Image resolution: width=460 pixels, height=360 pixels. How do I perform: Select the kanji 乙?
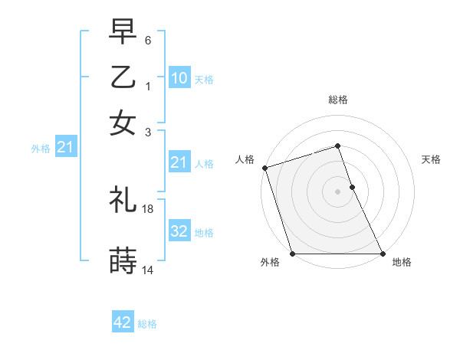pos(123,77)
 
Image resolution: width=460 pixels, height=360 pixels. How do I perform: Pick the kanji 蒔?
pos(123,261)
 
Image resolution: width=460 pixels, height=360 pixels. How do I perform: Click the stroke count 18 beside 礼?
pos(149,208)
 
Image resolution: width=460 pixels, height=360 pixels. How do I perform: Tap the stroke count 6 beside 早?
pos(148,40)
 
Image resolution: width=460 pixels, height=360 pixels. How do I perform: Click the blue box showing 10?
pos(179,78)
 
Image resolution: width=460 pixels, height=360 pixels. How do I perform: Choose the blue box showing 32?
pos(179,231)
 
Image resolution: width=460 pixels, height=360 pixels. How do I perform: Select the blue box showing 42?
pos(123,322)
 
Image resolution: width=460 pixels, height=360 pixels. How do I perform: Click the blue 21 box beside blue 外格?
pos(64,147)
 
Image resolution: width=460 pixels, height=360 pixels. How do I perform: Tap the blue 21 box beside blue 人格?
pos(179,162)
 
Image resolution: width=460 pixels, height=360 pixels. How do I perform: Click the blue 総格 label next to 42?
pos(147,324)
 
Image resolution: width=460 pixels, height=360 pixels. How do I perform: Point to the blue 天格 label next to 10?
pos(203,79)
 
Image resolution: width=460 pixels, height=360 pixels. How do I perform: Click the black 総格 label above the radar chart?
pos(337,100)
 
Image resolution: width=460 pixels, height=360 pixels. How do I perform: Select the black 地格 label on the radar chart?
pos(402,263)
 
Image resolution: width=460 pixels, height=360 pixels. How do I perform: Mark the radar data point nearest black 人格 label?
pos(264,168)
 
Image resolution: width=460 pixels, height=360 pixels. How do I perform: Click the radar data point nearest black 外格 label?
pos(292,254)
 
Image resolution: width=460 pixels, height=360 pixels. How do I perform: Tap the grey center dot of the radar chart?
pos(337,191)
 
